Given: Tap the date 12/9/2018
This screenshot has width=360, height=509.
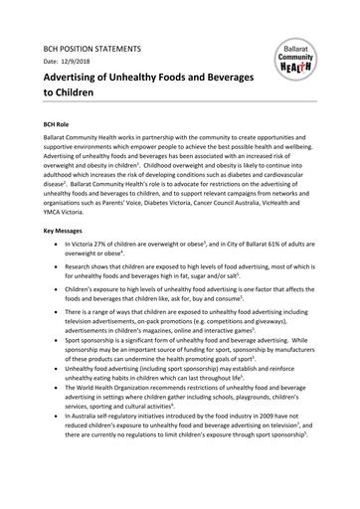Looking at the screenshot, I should point(82,62).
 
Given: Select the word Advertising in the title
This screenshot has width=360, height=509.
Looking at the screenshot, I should point(76,79).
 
